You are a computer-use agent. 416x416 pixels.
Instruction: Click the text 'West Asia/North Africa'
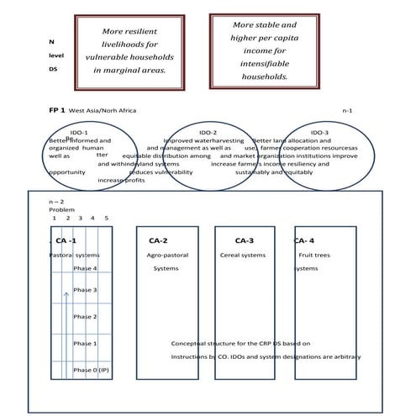click(x=102, y=111)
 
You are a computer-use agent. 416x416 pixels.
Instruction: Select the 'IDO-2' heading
click(x=208, y=133)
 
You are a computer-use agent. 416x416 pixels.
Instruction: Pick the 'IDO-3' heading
click(x=319, y=133)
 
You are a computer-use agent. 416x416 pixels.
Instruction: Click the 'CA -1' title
click(x=66, y=240)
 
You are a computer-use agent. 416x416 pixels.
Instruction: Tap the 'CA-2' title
click(x=158, y=240)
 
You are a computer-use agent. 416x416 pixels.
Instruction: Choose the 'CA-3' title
click(x=245, y=240)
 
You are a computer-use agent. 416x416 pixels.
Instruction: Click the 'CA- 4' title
click(x=304, y=240)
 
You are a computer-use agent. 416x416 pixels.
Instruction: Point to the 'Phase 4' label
click(x=85, y=268)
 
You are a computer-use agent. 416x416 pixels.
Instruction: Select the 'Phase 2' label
click(x=85, y=317)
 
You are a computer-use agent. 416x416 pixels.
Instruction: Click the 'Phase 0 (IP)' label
click(x=91, y=370)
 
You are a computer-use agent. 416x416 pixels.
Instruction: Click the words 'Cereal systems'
click(x=242, y=255)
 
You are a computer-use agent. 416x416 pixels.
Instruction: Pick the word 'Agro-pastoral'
click(x=166, y=255)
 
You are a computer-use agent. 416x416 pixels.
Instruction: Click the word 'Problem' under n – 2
click(x=61, y=209)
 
